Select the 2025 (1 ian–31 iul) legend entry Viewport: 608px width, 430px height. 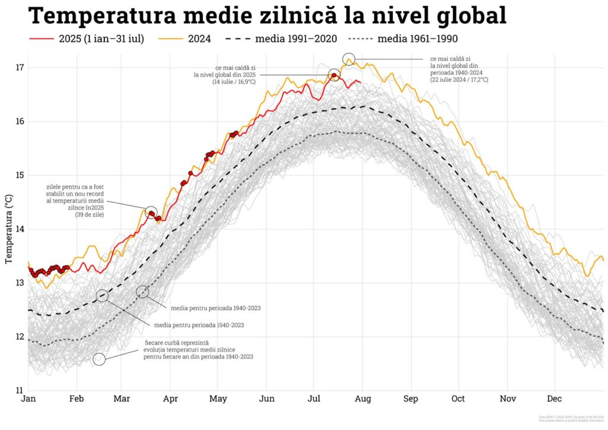[x=86, y=39]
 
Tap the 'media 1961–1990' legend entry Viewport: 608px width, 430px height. [x=404, y=39]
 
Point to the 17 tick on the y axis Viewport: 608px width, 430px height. [x=20, y=67]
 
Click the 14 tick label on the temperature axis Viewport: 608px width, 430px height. [x=20, y=229]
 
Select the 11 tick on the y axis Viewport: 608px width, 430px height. [x=20, y=391]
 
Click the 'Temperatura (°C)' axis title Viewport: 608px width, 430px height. [x=8, y=229]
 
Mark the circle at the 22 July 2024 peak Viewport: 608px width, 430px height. [x=349, y=59]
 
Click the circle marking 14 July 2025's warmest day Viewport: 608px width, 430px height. [x=334, y=75]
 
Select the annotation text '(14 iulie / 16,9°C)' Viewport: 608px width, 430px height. [x=233, y=82]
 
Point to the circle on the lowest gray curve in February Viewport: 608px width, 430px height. [x=99, y=359]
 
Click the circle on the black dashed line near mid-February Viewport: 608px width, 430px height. [x=102, y=295]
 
